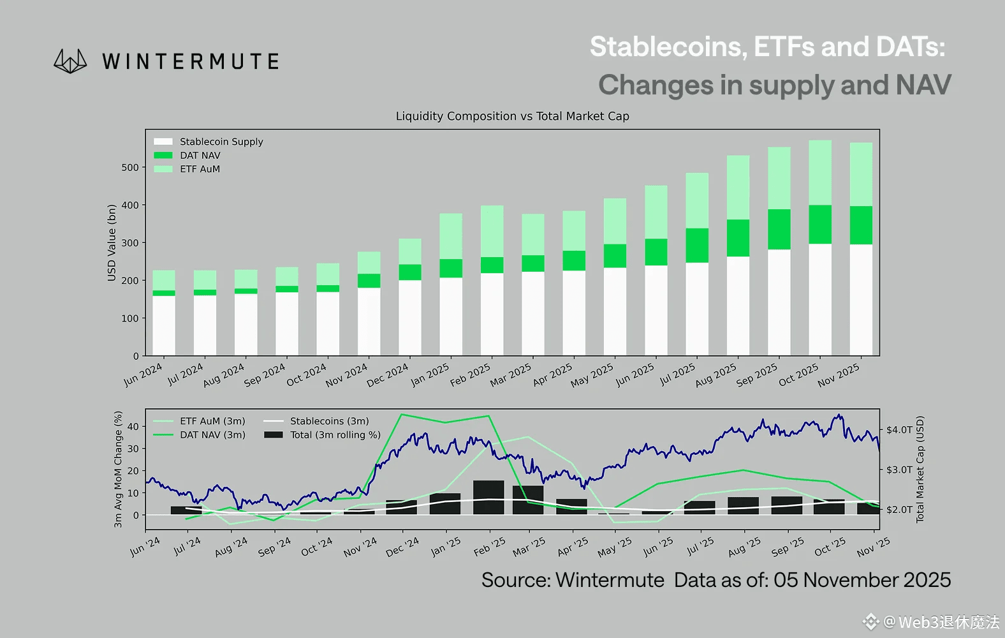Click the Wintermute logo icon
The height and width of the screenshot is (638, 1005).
point(70,61)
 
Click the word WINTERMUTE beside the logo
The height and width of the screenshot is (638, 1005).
point(190,62)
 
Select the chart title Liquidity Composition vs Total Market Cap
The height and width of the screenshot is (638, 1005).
point(512,116)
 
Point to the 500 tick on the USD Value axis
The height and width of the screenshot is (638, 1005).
point(130,168)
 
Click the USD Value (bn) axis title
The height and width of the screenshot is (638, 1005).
point(112,242)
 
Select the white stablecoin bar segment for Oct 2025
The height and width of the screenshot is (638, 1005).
point(820,299)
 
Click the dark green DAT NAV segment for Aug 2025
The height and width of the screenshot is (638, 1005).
point(738,238)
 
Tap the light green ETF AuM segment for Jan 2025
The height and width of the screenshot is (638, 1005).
point(451,236)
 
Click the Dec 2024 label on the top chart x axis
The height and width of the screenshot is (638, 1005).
point(388,375)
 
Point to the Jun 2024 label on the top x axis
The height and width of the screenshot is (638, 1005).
point(143,375)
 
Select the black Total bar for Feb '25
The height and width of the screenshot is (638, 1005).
point(488,498)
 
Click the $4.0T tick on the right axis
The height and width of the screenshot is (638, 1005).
point(899,430)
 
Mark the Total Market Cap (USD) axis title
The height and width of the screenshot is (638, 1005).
point(920,470)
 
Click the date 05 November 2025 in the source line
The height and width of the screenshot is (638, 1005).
point(862,580)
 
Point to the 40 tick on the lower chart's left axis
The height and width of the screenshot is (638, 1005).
point(133,427)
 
